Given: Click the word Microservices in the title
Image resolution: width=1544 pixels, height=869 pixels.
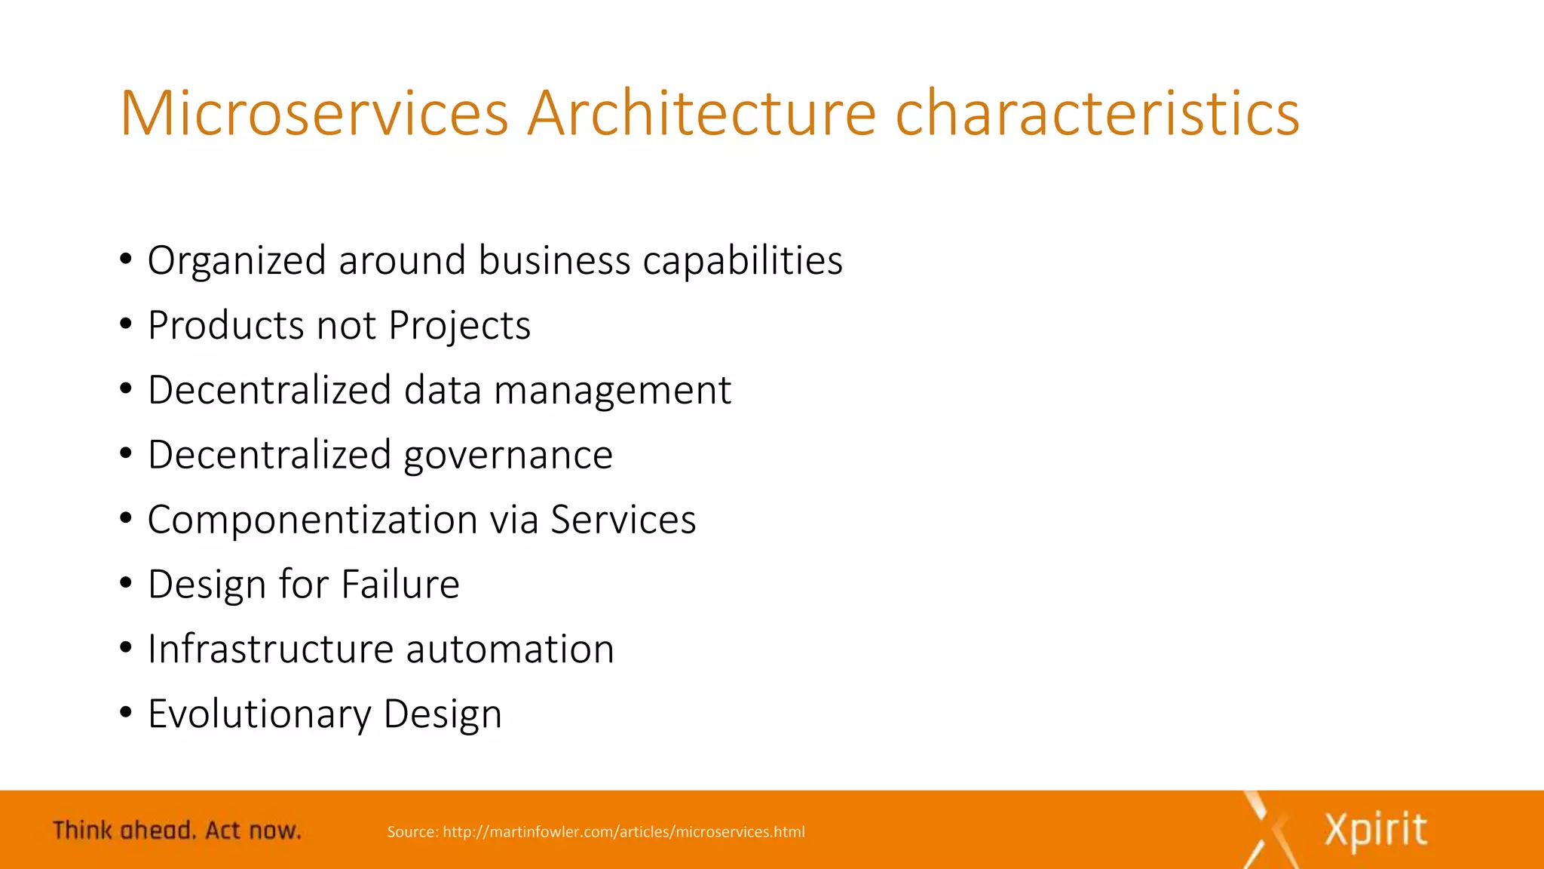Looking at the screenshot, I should (x=314, y=113).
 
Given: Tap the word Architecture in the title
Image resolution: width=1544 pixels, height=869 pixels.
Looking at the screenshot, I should (x=701, y=113).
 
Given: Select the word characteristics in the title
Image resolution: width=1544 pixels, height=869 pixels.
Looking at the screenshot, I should (x=1097, y=113).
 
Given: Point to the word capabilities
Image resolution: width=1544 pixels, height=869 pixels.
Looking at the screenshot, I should (x=743, y=261).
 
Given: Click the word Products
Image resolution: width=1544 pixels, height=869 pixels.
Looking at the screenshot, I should (x=225, y=326).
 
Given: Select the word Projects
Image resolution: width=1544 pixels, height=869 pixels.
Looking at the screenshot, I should (x=459, y=326).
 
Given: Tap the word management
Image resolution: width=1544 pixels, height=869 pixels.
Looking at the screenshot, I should (x=612, y=391).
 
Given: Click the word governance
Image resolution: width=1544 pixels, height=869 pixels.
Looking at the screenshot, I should (x=508, y=456).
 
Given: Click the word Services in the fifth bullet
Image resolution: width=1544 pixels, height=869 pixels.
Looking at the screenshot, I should (x=623, y=520).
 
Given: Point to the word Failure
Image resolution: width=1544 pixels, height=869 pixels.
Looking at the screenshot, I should (x=400, y=585).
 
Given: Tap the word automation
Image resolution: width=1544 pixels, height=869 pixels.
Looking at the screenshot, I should (x=510, y=649).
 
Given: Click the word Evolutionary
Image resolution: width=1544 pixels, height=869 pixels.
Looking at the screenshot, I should (x=259, y=714).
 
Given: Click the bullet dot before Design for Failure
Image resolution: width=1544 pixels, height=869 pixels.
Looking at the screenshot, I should (x=126, y=583).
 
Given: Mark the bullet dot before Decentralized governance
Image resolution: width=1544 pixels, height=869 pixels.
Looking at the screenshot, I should (x=126, y=453).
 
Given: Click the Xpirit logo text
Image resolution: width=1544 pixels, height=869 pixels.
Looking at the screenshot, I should (x=1375, y=831).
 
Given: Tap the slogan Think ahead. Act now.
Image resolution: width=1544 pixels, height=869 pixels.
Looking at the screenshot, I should (x=176, y=831).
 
